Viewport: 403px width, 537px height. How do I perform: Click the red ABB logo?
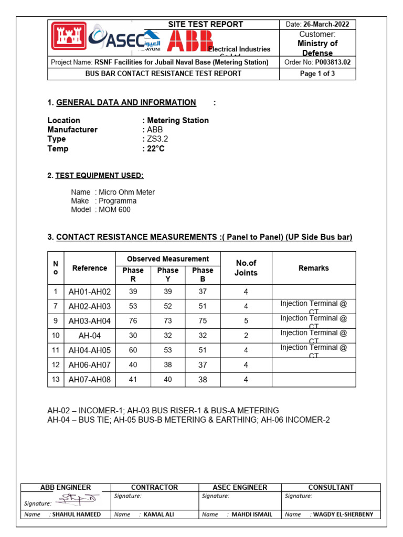pos(189,41)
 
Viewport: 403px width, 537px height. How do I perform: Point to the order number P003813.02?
pos(332,62)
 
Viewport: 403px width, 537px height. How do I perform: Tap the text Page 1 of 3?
pos(317,74)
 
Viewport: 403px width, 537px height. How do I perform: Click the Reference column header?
pos(90,268)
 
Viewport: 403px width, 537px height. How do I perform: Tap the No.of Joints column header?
pos(246,268)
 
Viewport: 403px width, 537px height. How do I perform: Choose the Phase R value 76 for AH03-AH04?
pos(133,321)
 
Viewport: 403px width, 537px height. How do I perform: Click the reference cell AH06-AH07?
pos(90,365)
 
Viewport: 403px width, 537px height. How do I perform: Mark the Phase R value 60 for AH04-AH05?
pos(133,350)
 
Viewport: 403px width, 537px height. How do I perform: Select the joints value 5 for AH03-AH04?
pos(246,321)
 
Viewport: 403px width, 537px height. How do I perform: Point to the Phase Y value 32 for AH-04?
pos(168,336)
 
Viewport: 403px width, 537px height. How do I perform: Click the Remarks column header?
pos(313,268)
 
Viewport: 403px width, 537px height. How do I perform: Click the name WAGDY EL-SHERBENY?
pos(343,514)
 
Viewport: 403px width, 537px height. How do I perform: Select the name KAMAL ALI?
pos(158,514)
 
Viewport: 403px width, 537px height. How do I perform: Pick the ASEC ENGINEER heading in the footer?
pos(240,487)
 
